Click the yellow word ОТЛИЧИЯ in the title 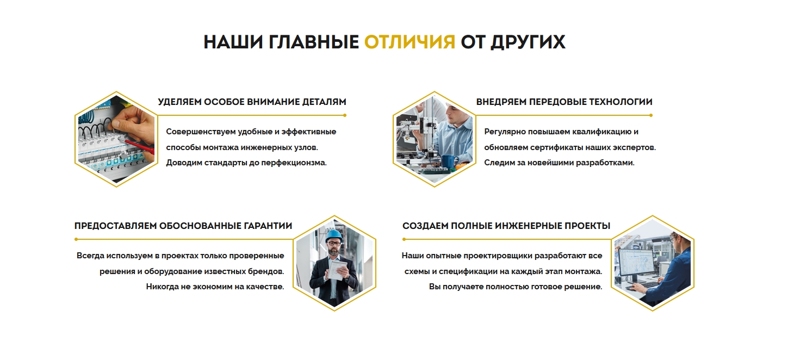point(409,42)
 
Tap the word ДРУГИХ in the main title point(528,42)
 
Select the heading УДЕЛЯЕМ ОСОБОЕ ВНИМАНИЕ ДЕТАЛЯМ point(252,102)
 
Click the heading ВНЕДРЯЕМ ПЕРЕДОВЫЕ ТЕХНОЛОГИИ point(564,102)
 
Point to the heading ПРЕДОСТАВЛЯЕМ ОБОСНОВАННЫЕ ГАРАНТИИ point(183,226)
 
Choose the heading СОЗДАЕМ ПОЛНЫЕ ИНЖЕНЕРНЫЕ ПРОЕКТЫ point(506,226)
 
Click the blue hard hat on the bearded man point(333,235)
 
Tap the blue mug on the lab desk point(448,161)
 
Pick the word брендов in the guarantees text point(266,271)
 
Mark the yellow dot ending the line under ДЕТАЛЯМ point(345,115)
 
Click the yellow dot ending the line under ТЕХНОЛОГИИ point(651,115)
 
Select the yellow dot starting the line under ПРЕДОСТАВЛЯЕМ point(76,239)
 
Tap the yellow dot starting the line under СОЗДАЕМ point(404,239)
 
